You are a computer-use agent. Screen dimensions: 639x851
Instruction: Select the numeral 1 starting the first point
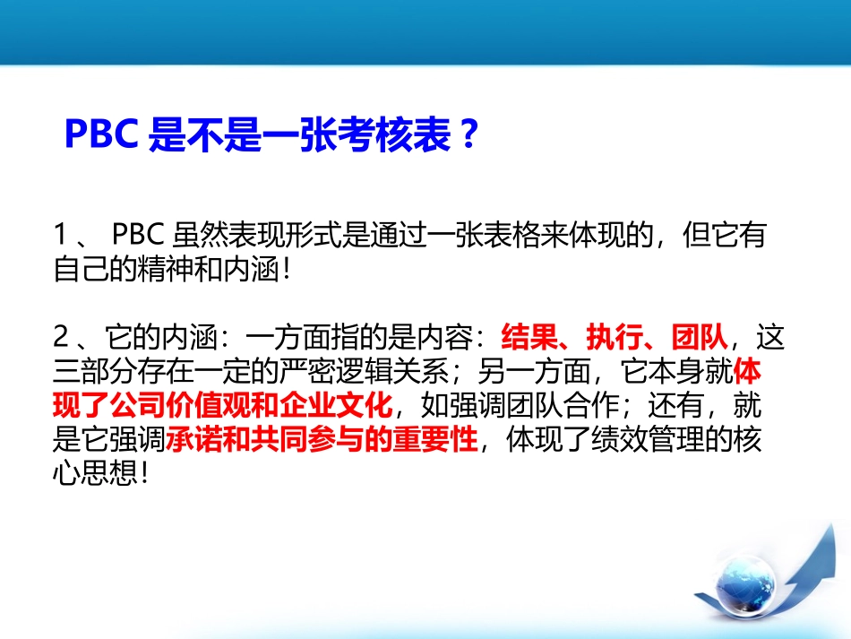pyautogui.click(x=61, y=237)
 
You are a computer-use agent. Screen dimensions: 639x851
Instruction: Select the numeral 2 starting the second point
pyautogui.click(x=61, y=338)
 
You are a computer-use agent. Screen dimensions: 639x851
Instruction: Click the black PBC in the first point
pyautogui.click(x=136, y=237)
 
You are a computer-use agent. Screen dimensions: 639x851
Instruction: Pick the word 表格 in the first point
pyautogui.click(x=509, y=237)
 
